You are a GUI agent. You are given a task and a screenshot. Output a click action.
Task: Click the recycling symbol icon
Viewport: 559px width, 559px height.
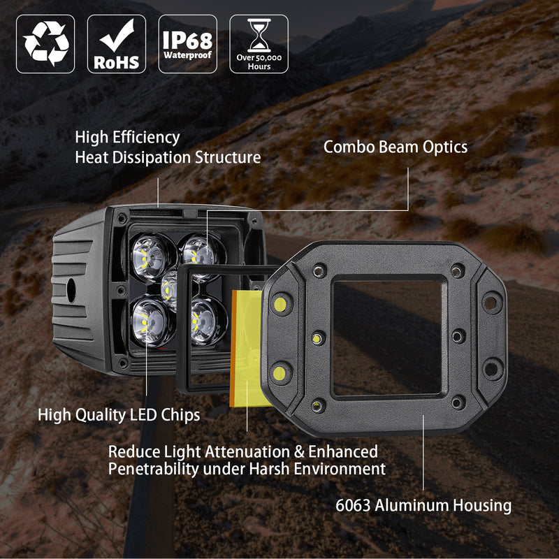[45, 44]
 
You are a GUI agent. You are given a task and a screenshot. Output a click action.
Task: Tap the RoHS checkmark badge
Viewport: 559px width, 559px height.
[117, 44]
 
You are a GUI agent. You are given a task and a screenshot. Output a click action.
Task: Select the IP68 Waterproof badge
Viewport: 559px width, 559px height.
[187, 44]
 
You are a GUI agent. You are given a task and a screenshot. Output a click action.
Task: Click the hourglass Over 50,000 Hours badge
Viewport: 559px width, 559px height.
[259, 44]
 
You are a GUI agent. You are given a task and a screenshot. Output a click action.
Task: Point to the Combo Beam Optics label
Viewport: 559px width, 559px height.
[395, 147]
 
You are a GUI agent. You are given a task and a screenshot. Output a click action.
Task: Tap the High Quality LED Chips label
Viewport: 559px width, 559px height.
[119, 414]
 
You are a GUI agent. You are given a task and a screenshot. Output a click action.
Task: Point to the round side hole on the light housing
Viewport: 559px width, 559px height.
[71, 288]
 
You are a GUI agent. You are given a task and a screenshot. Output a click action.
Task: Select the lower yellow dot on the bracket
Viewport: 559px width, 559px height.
[279, 372]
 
